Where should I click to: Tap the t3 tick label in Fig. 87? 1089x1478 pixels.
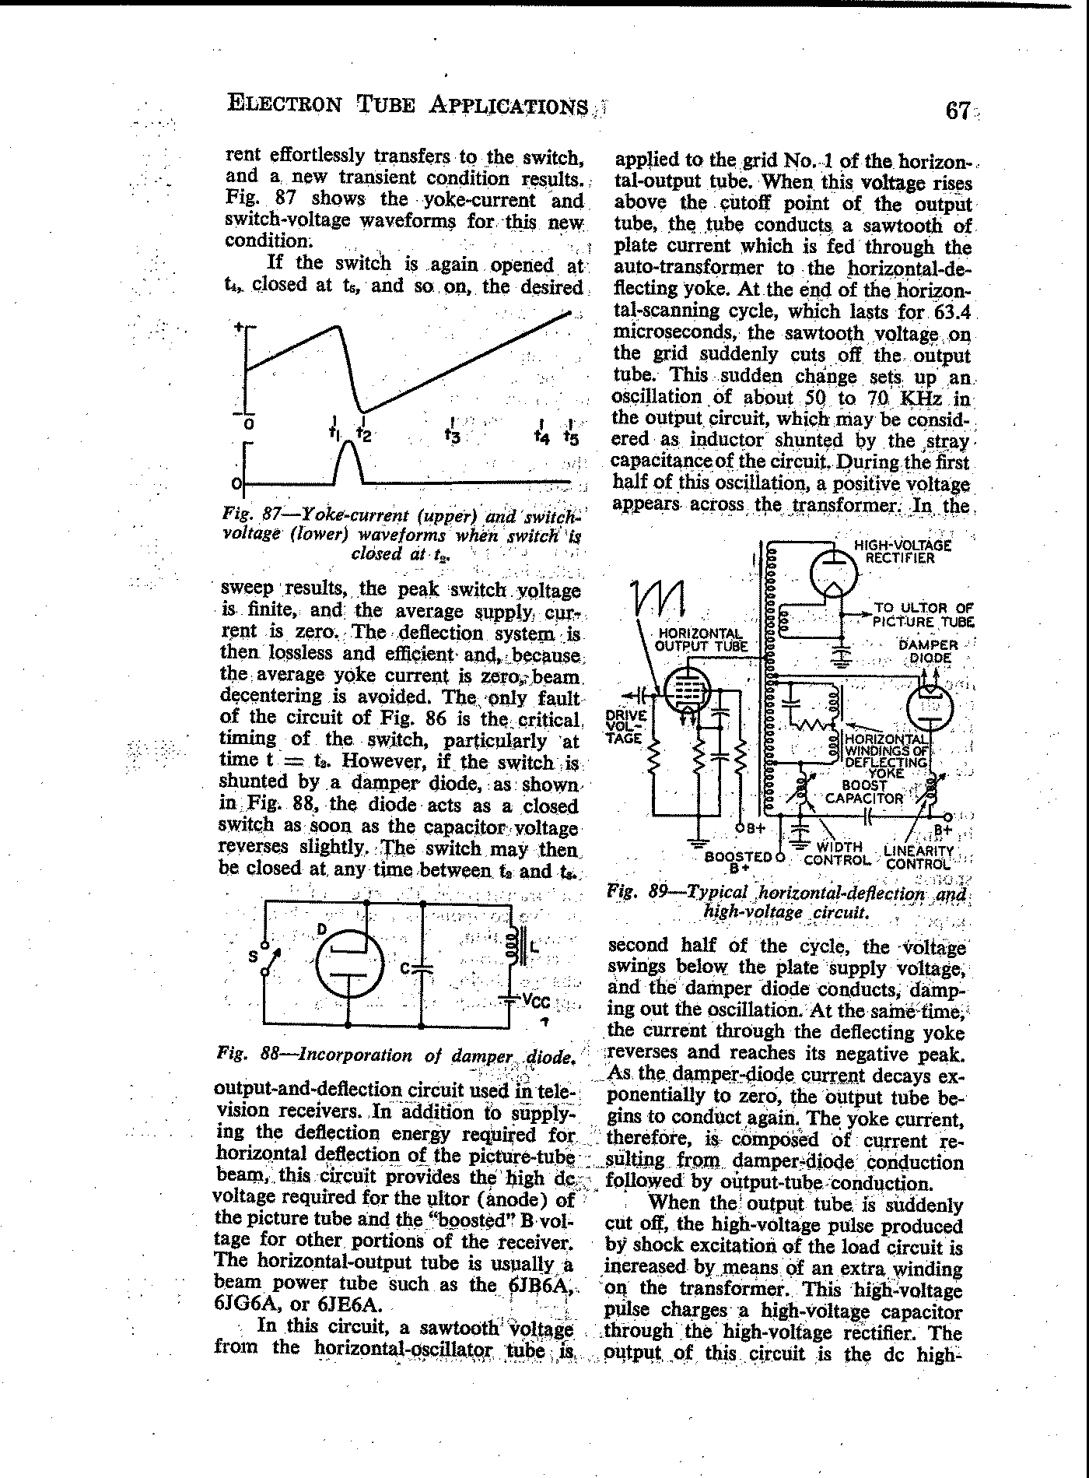click(453, 434)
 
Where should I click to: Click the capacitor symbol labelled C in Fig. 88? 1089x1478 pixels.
click(422, 968)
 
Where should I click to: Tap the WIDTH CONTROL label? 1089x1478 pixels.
click(837, 854)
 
